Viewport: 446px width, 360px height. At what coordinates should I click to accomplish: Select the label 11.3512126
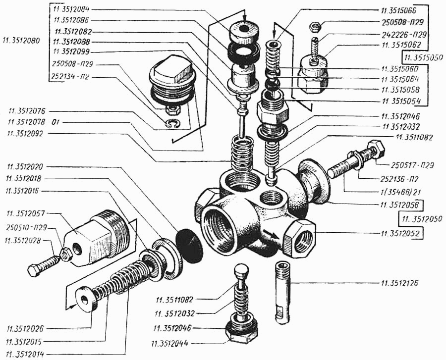tap(400, 284)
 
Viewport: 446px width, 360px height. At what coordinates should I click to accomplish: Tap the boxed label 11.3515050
tap(422, 57)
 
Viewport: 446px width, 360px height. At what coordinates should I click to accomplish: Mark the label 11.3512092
tap(24, 133)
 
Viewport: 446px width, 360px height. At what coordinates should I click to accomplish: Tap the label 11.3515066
tap(400, 10)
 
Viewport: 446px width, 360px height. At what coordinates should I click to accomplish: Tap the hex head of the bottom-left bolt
tap(34, 270)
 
